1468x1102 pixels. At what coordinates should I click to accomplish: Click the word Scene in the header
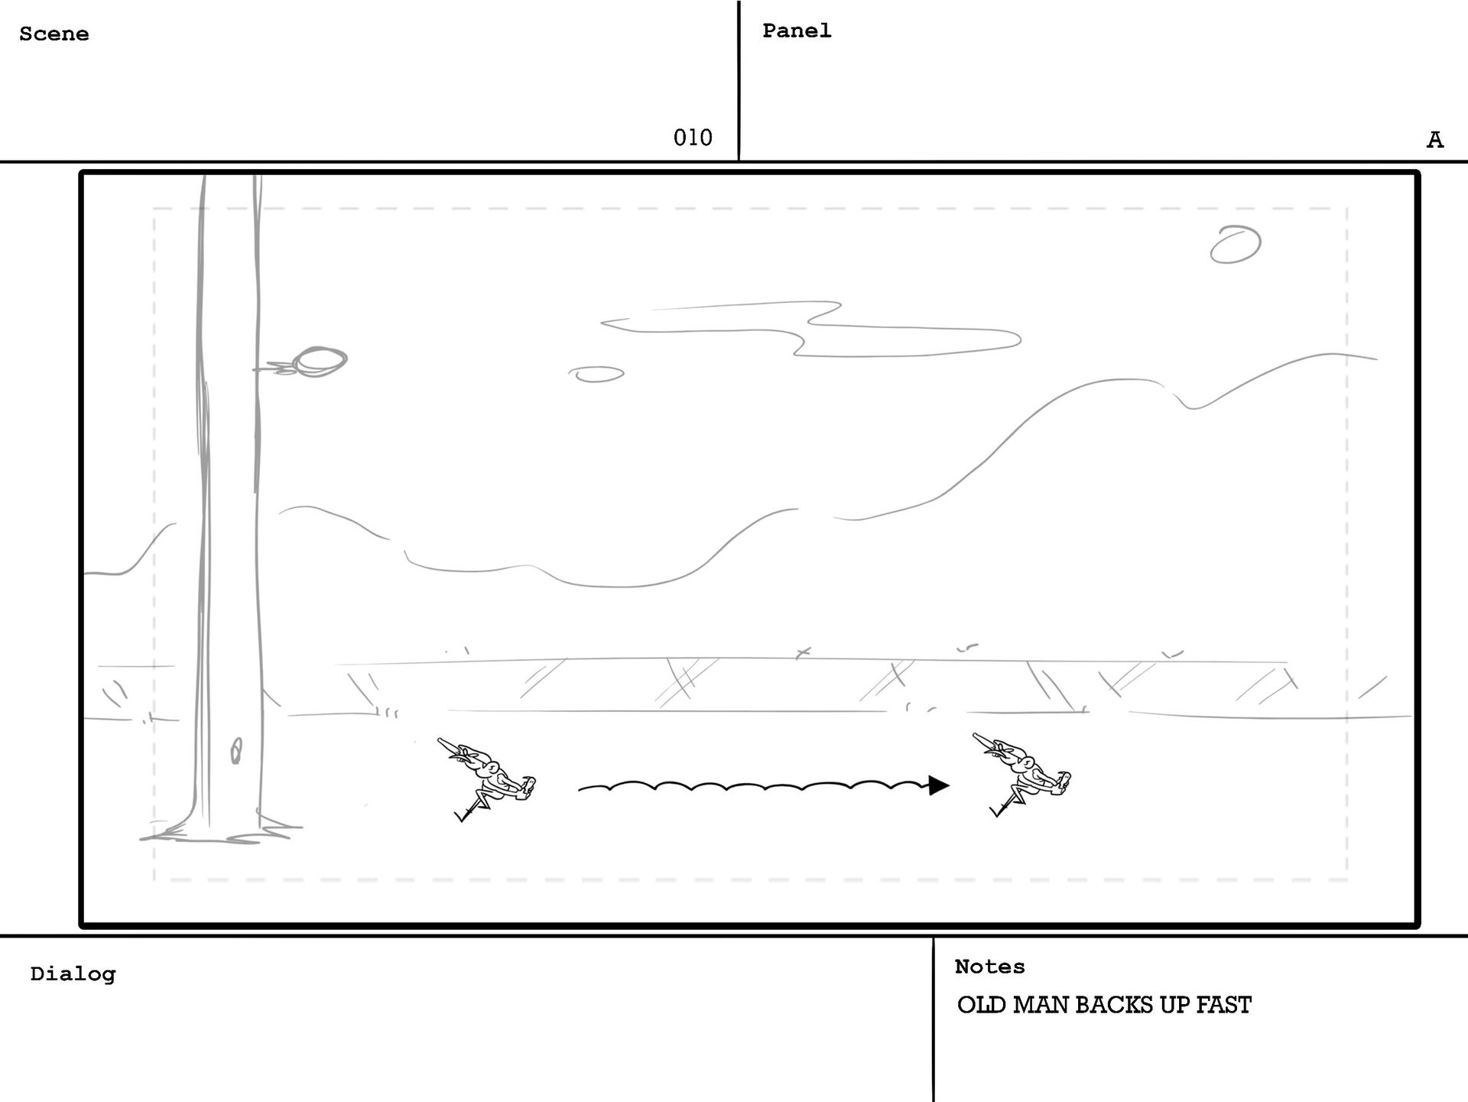point(54,34)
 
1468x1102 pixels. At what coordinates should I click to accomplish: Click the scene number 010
point(693,138)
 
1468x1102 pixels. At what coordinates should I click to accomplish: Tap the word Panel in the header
point(797,31)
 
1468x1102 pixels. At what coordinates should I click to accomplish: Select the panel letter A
point(1435,140)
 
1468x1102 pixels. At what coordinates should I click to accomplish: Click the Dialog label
point(73,974)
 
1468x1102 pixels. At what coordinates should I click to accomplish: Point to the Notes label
point(989,967)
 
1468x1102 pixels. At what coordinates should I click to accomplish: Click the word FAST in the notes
point(1223,1005)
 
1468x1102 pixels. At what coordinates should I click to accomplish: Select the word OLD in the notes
point(982,1005)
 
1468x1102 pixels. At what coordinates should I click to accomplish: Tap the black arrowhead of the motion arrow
point(938,785)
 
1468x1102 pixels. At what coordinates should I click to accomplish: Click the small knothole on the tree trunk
point(236,751)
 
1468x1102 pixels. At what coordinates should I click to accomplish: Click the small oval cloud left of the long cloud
point(596,374)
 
